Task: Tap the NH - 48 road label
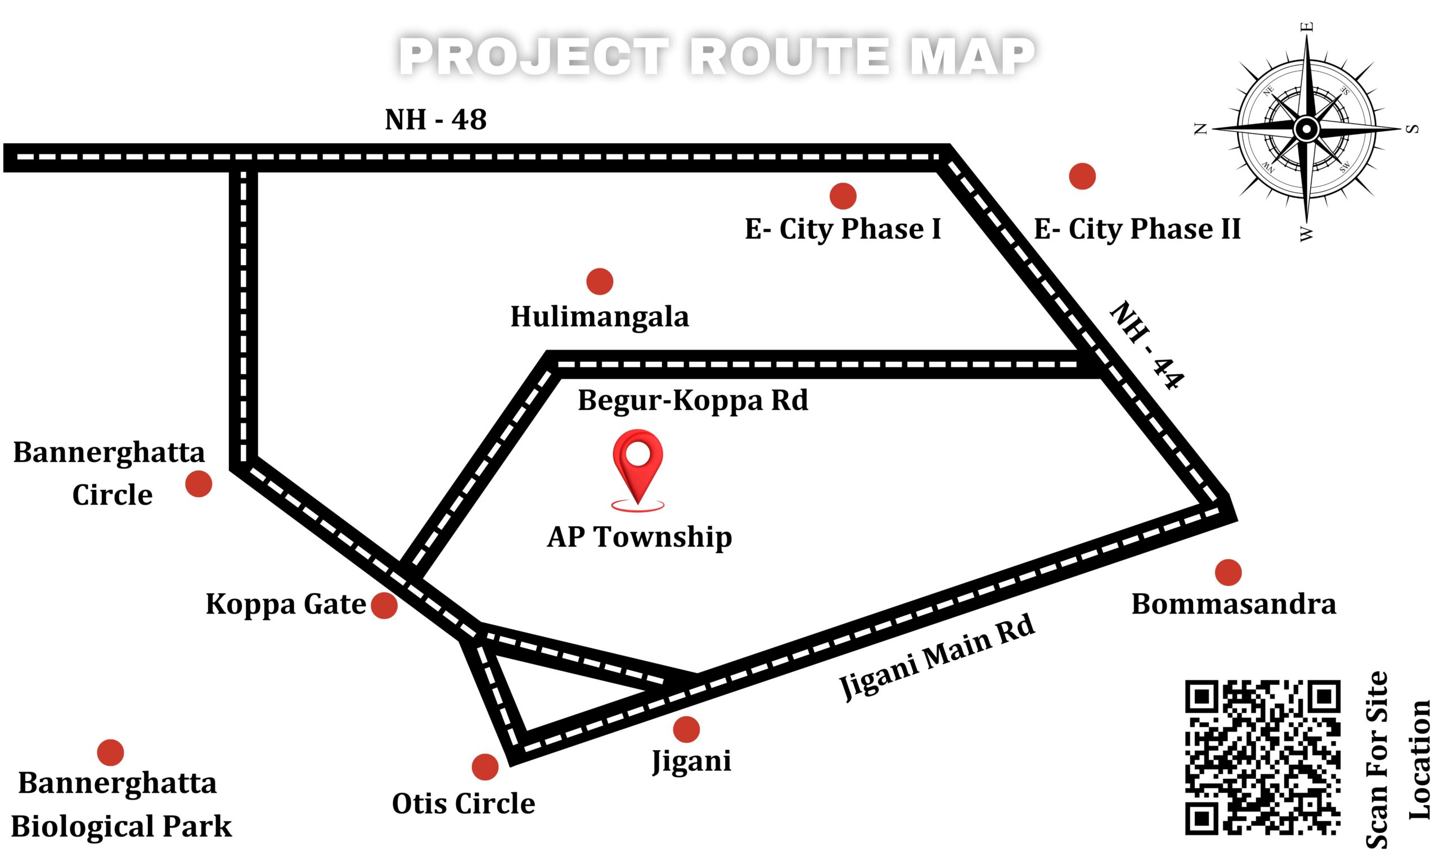(x=435, y=120)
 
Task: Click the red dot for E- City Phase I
(x=843, y=196)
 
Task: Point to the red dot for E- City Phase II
(x=1083, y=176)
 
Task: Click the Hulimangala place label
(x=600, y=317)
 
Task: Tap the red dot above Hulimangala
(x=600, y=281)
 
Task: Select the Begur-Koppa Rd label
(x=692, y=401)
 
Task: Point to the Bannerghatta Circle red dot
(x=199, y=484)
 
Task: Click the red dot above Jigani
(x=686, y=729)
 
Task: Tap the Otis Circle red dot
(x=485, y=767)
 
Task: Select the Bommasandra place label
(x=1234, y=605)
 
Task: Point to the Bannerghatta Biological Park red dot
(x=111, y=752)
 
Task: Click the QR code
(x=1263, y=758)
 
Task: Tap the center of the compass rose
(x=1307, y=129)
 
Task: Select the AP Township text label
(x=639, y=537)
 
